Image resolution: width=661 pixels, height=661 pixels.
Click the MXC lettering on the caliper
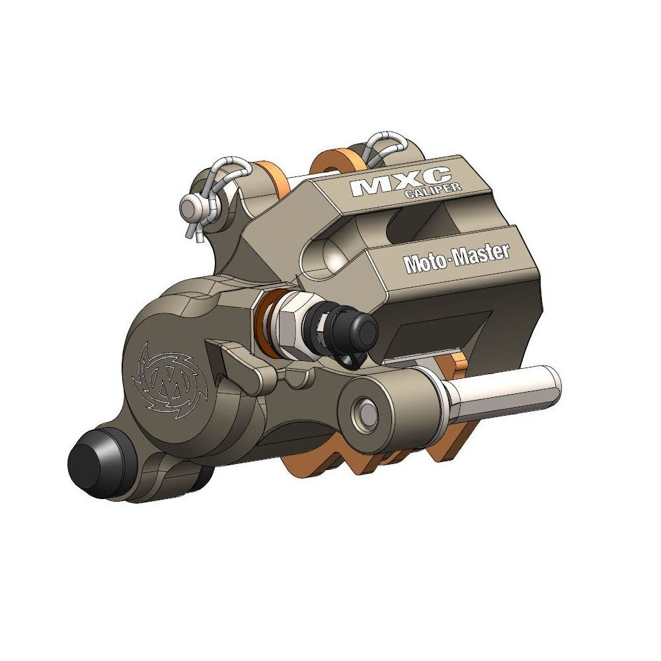[x=401, y=182]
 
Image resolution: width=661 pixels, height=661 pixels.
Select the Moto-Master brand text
[x=457, y=258]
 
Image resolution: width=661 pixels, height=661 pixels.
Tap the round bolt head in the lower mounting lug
[x=366, y=411]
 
